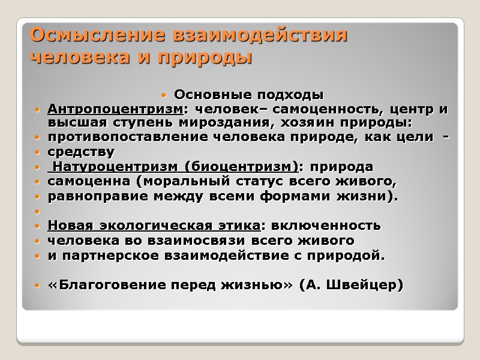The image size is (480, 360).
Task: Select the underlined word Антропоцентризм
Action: coord(115,109)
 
